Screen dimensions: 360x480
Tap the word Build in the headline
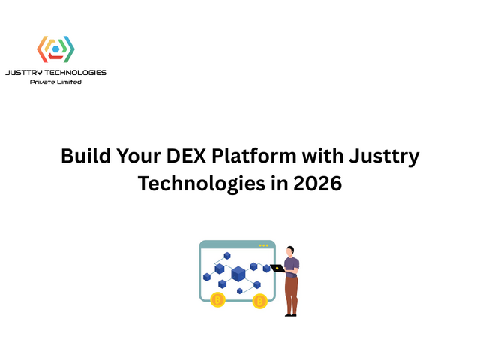(83, 157)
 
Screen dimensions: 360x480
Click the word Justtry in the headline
(385, 157)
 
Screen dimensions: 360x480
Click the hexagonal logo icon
(55, 49)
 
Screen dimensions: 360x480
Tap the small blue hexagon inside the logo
(55, 50)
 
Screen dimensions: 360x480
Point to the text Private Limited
(55, 82)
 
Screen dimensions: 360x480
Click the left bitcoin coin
(217, 300)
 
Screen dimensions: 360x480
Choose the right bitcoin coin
(259, 301)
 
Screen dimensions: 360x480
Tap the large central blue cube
(238, 273)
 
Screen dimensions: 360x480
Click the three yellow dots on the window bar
(263, 245)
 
